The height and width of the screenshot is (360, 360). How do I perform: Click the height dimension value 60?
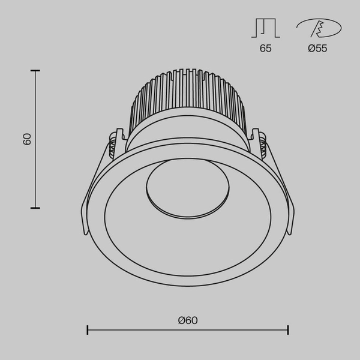(x=26, y=139)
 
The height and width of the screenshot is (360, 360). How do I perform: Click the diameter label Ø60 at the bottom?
(x=188, y=320)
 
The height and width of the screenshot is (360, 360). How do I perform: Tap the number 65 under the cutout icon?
(x=266, y=49)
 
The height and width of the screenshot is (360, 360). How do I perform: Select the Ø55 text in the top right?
(x=317, y=49)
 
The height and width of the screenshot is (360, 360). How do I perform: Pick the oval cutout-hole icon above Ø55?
(x=318, y=28)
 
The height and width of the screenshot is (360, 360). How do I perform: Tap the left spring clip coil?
(x=112, y=144)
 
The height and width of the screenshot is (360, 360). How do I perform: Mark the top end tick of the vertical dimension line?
(x=35, y=71)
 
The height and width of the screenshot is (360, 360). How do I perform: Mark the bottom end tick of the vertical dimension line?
(x=35, y=208)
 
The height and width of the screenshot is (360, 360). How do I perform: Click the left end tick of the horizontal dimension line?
(x=88, y=330)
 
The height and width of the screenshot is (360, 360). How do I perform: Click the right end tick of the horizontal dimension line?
(x=288, y=330)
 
